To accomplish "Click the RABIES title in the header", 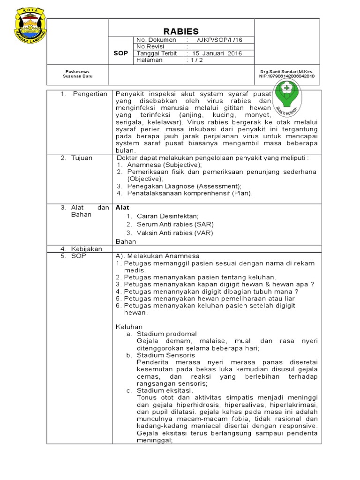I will tap(181, 30).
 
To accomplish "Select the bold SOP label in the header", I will tap(121, 53).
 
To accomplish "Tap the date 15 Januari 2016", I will tap(216, 53).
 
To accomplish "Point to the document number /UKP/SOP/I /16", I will tap(221, 40).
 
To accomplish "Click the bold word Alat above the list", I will tap(122, 207).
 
